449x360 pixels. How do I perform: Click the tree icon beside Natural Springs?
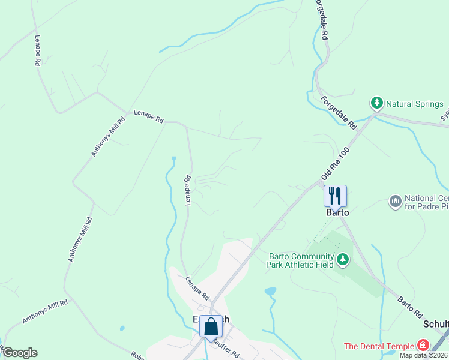point(376,104)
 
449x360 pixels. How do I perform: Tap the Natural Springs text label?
point(415,104)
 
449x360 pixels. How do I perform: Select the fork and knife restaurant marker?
point(335,195)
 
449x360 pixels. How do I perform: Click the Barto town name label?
point(337,212)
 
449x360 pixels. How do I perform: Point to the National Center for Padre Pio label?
point(426,203)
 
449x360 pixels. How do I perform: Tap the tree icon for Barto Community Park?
point(342,260)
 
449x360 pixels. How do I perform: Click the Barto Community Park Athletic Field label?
point(300,260)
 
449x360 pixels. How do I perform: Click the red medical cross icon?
point(423,346)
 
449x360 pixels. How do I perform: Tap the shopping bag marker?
point(211,327)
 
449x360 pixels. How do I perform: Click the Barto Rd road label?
point(409,305)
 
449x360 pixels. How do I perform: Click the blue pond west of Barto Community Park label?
point(270,292)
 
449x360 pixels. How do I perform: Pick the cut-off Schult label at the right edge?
point(436,324)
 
